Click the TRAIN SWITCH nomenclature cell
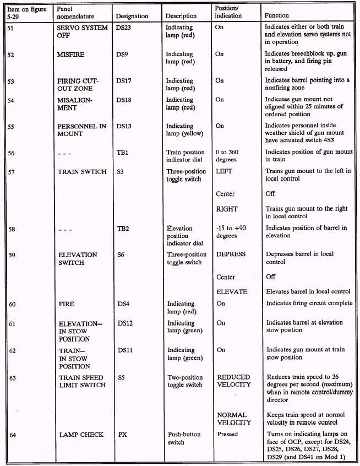[83, 171]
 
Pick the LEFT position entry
[224, 171]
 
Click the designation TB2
[124, 228]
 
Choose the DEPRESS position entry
[231, 254]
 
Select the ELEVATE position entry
[231, 291]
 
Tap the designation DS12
[126, 323]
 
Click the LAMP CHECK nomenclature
[81, 435]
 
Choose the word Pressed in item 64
[227, 435]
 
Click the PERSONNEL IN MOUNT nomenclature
[81, 130]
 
